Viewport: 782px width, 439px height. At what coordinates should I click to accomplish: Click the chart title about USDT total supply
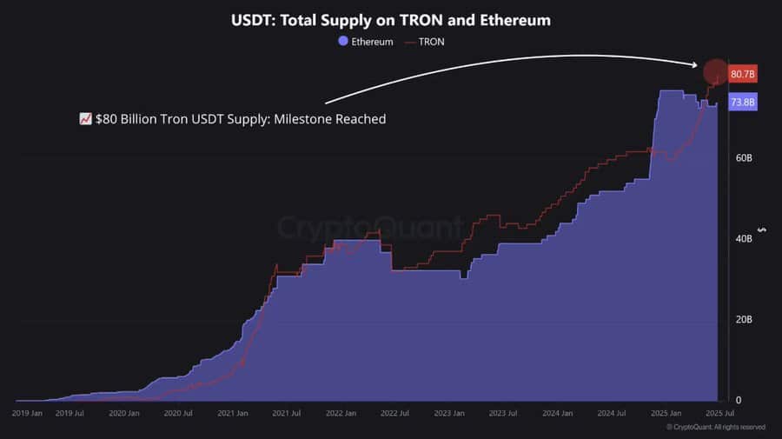click(x=390, y=19)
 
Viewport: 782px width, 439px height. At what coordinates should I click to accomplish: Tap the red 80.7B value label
click(x=743, y=74)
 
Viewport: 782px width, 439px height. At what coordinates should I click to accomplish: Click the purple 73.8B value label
click(x=743, y=103)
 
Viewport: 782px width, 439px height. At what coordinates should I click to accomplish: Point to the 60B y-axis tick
click(x=743, y=158)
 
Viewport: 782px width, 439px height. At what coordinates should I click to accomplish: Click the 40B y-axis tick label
click(x=743, y=239)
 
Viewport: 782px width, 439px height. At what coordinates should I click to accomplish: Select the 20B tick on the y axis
click(x=743, y=320)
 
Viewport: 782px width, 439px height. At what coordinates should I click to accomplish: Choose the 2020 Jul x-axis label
click(x=178, y=414)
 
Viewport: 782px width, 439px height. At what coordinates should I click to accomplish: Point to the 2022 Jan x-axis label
click(x=341, y=414)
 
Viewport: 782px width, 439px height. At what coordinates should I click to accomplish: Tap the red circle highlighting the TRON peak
click(x=715, y=72)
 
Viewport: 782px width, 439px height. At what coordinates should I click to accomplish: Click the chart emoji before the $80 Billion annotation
click(x=85, y=119)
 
